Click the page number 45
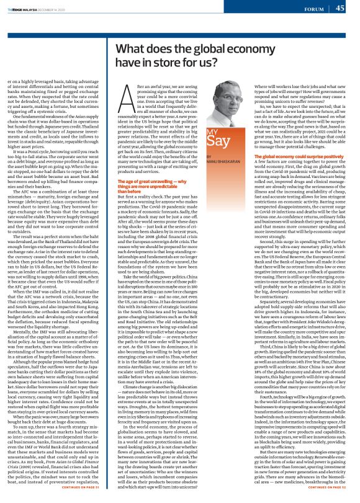pos(340,8)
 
